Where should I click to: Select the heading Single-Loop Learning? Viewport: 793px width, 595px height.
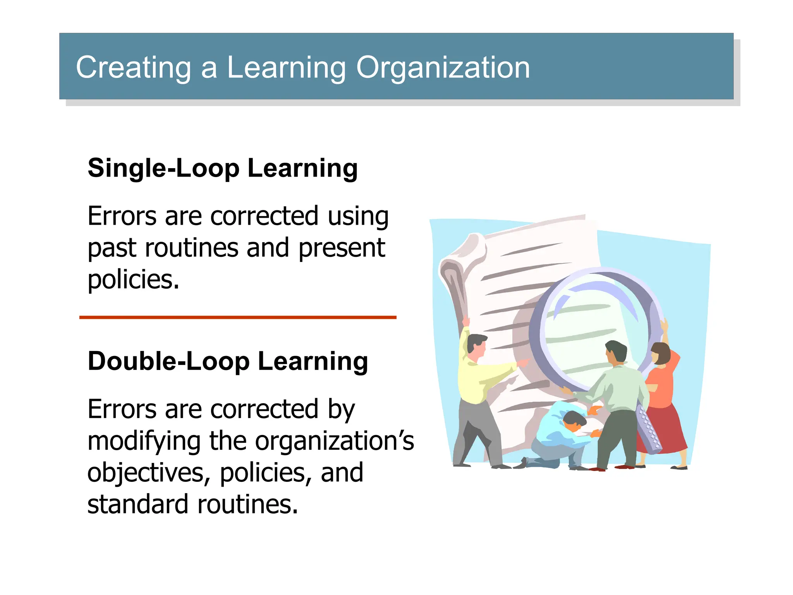click(x=223, y=169)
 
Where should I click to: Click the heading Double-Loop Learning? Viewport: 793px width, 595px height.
click(x=228, y=361)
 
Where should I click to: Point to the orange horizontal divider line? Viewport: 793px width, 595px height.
click(x=238, y=317)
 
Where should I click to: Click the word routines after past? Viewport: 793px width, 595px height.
click(x=192, y=248)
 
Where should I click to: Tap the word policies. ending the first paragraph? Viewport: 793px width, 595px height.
click(x=134, y=280)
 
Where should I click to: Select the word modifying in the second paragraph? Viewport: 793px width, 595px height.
click(x=144, y=442)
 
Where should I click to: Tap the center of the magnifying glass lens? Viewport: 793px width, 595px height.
click(x=592, y=333)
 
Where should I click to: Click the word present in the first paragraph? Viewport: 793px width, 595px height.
click(x=342, y=248)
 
